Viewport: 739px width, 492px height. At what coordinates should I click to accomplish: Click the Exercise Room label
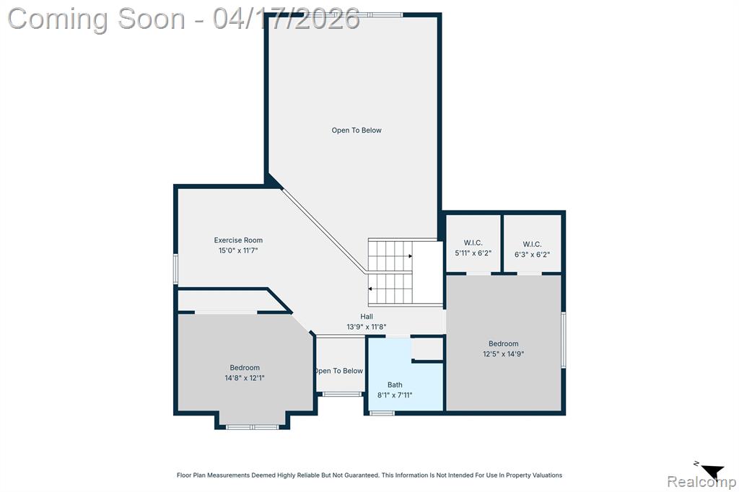[x=238, y=240]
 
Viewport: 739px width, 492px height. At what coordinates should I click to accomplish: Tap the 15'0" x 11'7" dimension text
[x=238, y=251]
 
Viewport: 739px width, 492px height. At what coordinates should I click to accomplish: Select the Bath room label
[x=395, y=385]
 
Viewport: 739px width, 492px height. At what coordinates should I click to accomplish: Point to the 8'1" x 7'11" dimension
[x=395, y=395]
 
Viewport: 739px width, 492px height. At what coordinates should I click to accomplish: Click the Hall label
[x=367, y=317]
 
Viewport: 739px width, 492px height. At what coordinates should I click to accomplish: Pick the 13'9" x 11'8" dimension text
[x=367, y=327]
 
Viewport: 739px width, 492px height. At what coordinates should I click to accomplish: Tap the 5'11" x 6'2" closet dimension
[x=473, y=253]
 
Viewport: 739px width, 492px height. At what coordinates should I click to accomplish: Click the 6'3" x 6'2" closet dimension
[x=532, y=255]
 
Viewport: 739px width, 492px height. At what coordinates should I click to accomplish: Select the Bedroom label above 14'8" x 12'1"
[x=245, y=368]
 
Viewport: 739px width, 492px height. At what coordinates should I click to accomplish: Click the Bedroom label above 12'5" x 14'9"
[x=503, y=344]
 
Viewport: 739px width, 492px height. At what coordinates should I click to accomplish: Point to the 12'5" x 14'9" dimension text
[x=503, y=354]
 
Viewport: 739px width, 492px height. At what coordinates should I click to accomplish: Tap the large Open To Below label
[x=357, y=131]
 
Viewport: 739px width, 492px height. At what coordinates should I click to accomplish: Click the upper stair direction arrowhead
[x=411, y=256]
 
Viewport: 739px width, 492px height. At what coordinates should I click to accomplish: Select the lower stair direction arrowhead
[x=370, y=289]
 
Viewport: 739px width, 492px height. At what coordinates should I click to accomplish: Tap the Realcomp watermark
[x=701, y=482]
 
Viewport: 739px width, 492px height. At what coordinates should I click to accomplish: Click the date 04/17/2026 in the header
[x=286, y=19]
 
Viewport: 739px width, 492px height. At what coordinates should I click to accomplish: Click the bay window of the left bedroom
[x=252, y=427]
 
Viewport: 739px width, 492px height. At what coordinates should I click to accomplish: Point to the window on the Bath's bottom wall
[x=382, y=413]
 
